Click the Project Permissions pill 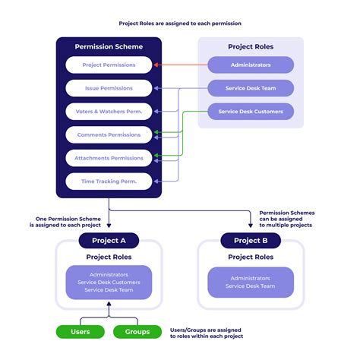point(109,65)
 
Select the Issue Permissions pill point(109,88)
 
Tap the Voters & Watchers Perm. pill point(109,112)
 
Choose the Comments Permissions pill point(109,134)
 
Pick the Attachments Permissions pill point(109,158)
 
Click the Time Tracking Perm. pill point(109,182)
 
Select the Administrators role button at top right point(251,65)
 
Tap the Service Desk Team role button point(251,88)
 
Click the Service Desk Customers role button point(251,112)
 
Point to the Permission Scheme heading point(109,47)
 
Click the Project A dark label point(109,241)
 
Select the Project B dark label point(251,241)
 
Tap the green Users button point(80,332)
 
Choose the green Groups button point(137,332)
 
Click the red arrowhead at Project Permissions point(156,65)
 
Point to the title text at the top point(180,24)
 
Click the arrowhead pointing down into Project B point(251,226)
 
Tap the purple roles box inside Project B point(251,283)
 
